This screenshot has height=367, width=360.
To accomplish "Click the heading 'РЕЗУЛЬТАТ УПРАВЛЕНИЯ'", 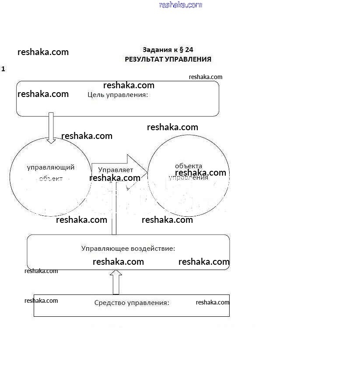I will point(168,59).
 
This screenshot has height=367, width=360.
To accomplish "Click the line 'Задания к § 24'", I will point(168,50).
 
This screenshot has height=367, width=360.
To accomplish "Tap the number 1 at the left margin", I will point(3,69).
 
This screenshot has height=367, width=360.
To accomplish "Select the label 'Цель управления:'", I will point(118,94).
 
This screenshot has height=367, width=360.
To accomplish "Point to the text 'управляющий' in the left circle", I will point(51,167).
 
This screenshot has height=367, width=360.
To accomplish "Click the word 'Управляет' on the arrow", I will point(115,170).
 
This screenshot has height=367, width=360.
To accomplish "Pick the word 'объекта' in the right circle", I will point(189,166).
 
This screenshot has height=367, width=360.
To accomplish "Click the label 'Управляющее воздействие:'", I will point(128,249).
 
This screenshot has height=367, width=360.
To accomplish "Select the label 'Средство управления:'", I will point(132,302).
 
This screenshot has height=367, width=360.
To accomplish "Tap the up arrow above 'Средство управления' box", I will point(116,282).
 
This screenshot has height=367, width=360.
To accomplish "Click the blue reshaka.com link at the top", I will point(181,5).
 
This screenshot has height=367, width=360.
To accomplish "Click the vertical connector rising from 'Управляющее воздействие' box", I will point(114,210).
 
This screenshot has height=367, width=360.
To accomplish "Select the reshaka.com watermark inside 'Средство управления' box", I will point(212,302).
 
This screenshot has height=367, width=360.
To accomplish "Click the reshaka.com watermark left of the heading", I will point(43,52).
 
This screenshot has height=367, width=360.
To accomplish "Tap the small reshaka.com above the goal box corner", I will point(206,77).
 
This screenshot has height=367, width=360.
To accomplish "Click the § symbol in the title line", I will point(181,50).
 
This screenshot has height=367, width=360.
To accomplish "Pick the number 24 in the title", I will point(189,50).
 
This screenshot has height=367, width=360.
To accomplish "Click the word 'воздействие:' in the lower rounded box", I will point(153,249).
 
